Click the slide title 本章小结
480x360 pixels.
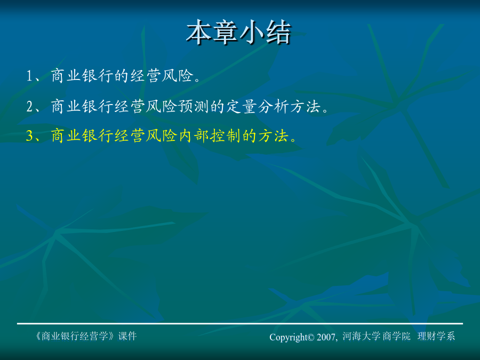[x=238, y=33]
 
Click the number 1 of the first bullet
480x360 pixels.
[x=29, y=76]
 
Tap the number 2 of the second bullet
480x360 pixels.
[x=30, y=107]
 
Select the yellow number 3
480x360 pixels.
[x=30, y=135]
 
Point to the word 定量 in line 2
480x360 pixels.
[x=241, y=107]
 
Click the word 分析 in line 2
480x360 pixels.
[x=273, y=107]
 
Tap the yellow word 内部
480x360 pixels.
[x=194, y=135]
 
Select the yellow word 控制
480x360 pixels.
[x=225, y=135]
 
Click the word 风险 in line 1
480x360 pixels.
[x=178, y=76]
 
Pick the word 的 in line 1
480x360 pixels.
[x=122, y=76]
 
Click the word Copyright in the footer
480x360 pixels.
[x=288, y=337]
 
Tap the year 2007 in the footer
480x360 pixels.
[x=326, y=338]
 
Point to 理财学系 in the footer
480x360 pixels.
[x=436, y=337]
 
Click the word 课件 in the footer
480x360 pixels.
[x=127, y=336]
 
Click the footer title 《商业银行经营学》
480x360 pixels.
[x=75, y=336]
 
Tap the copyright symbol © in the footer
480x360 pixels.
[x=311, y=338]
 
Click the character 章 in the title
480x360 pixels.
[x=225, y=33]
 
